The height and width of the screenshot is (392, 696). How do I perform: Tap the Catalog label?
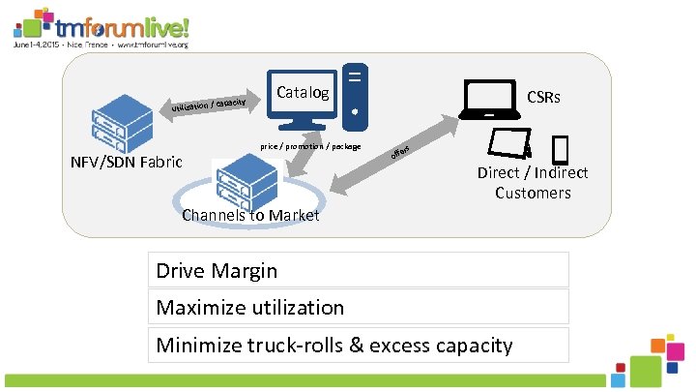click(303, 94)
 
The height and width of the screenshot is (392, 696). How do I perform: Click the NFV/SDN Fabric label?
click(127, 162)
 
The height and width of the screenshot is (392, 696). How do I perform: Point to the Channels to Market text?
click(250, 215)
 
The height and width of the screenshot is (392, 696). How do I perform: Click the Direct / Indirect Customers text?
click(533, 183)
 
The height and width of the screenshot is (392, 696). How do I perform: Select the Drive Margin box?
click(359, 271)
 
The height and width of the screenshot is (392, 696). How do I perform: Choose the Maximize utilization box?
click(359, 308)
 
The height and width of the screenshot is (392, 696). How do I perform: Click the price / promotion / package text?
click(310, 147)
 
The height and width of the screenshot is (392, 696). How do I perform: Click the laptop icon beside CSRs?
click(489, 100)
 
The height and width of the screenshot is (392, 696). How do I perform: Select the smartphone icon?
click(560, 150)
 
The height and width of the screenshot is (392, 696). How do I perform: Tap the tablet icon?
click(509, 143)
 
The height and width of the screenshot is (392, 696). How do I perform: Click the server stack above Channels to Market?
click(246, 181)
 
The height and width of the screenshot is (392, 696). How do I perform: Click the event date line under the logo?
click(101, 45)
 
